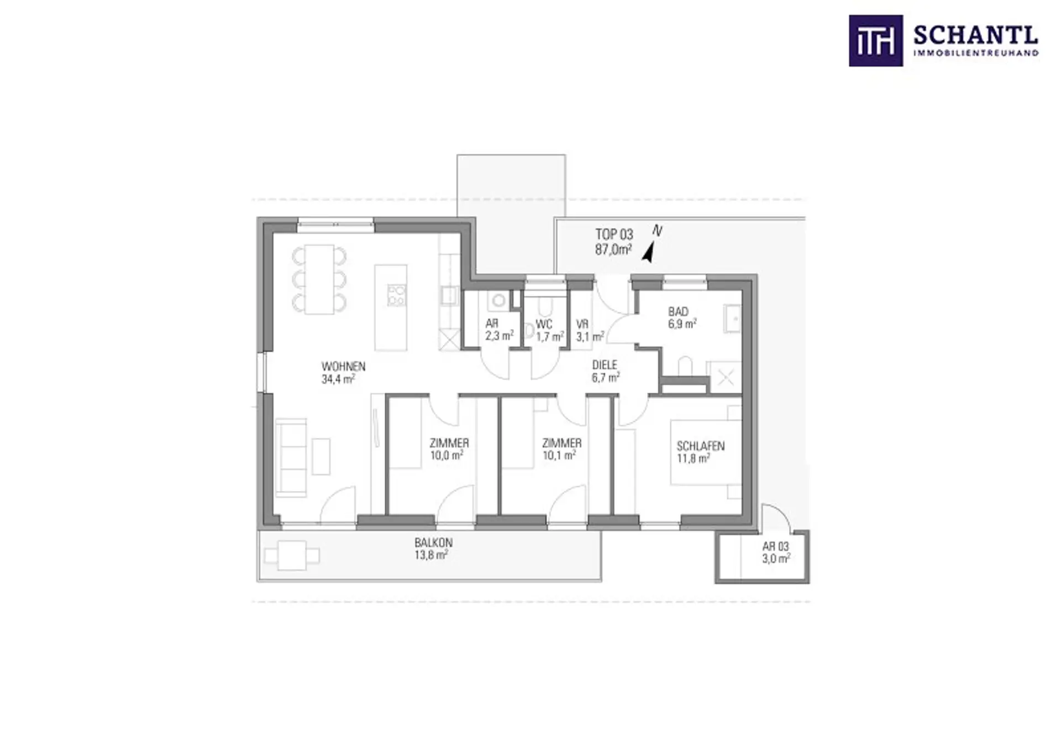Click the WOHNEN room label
tap(343, 366)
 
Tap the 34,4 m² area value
tap(338, 379)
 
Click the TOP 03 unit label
tap(614, 234)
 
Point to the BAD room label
tap(678, 311)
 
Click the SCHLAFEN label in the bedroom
tap(701, 446)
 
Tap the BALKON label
tap(434, 543)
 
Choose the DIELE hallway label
tap(605, 365)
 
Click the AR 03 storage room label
tap(776, 546)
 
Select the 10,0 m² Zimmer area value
tap(447, 456)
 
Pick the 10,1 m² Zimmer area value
tap(559, 456)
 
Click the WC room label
tap(544, 324)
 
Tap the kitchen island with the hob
tap(391, 307)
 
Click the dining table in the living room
tap(319, 279)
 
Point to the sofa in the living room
tap(291, 457)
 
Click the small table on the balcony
tap(292, 556)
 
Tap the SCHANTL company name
tap(976, 36)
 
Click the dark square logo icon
tap(876, 41)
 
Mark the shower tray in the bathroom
tap(725, 378)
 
